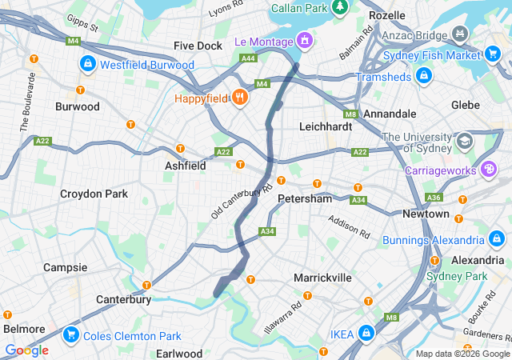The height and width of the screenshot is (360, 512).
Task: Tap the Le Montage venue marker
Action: pyautogui.click(x=304, y=39)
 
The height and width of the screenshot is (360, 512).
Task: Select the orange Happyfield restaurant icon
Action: pyautogui.click(x=239, y=98)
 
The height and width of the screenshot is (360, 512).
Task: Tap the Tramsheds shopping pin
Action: pyautogui.click(x=424, y=75)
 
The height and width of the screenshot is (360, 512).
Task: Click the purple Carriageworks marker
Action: pyautogui.click(x=488, y=170)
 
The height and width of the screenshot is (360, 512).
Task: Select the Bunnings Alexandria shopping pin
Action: pyautogui.click(x=497, y=240)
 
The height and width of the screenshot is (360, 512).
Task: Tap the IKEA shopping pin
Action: pyautogui.click(x=366, y=332)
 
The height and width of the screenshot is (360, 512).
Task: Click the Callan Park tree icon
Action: pyautogui.click(x=340, y=7)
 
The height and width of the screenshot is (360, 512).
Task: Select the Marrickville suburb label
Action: pyautogui.click(x=322, y=277)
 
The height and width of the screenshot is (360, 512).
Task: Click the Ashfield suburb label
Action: pyautogui.click(x=185, y=165)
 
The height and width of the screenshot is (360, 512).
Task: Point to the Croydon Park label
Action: pyautogui.click(x=94, y=194)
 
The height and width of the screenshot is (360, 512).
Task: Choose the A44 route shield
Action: pyautogui.click(x=249, y=58)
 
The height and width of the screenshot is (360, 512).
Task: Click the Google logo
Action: pyautogui.click(x=26, y=350)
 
